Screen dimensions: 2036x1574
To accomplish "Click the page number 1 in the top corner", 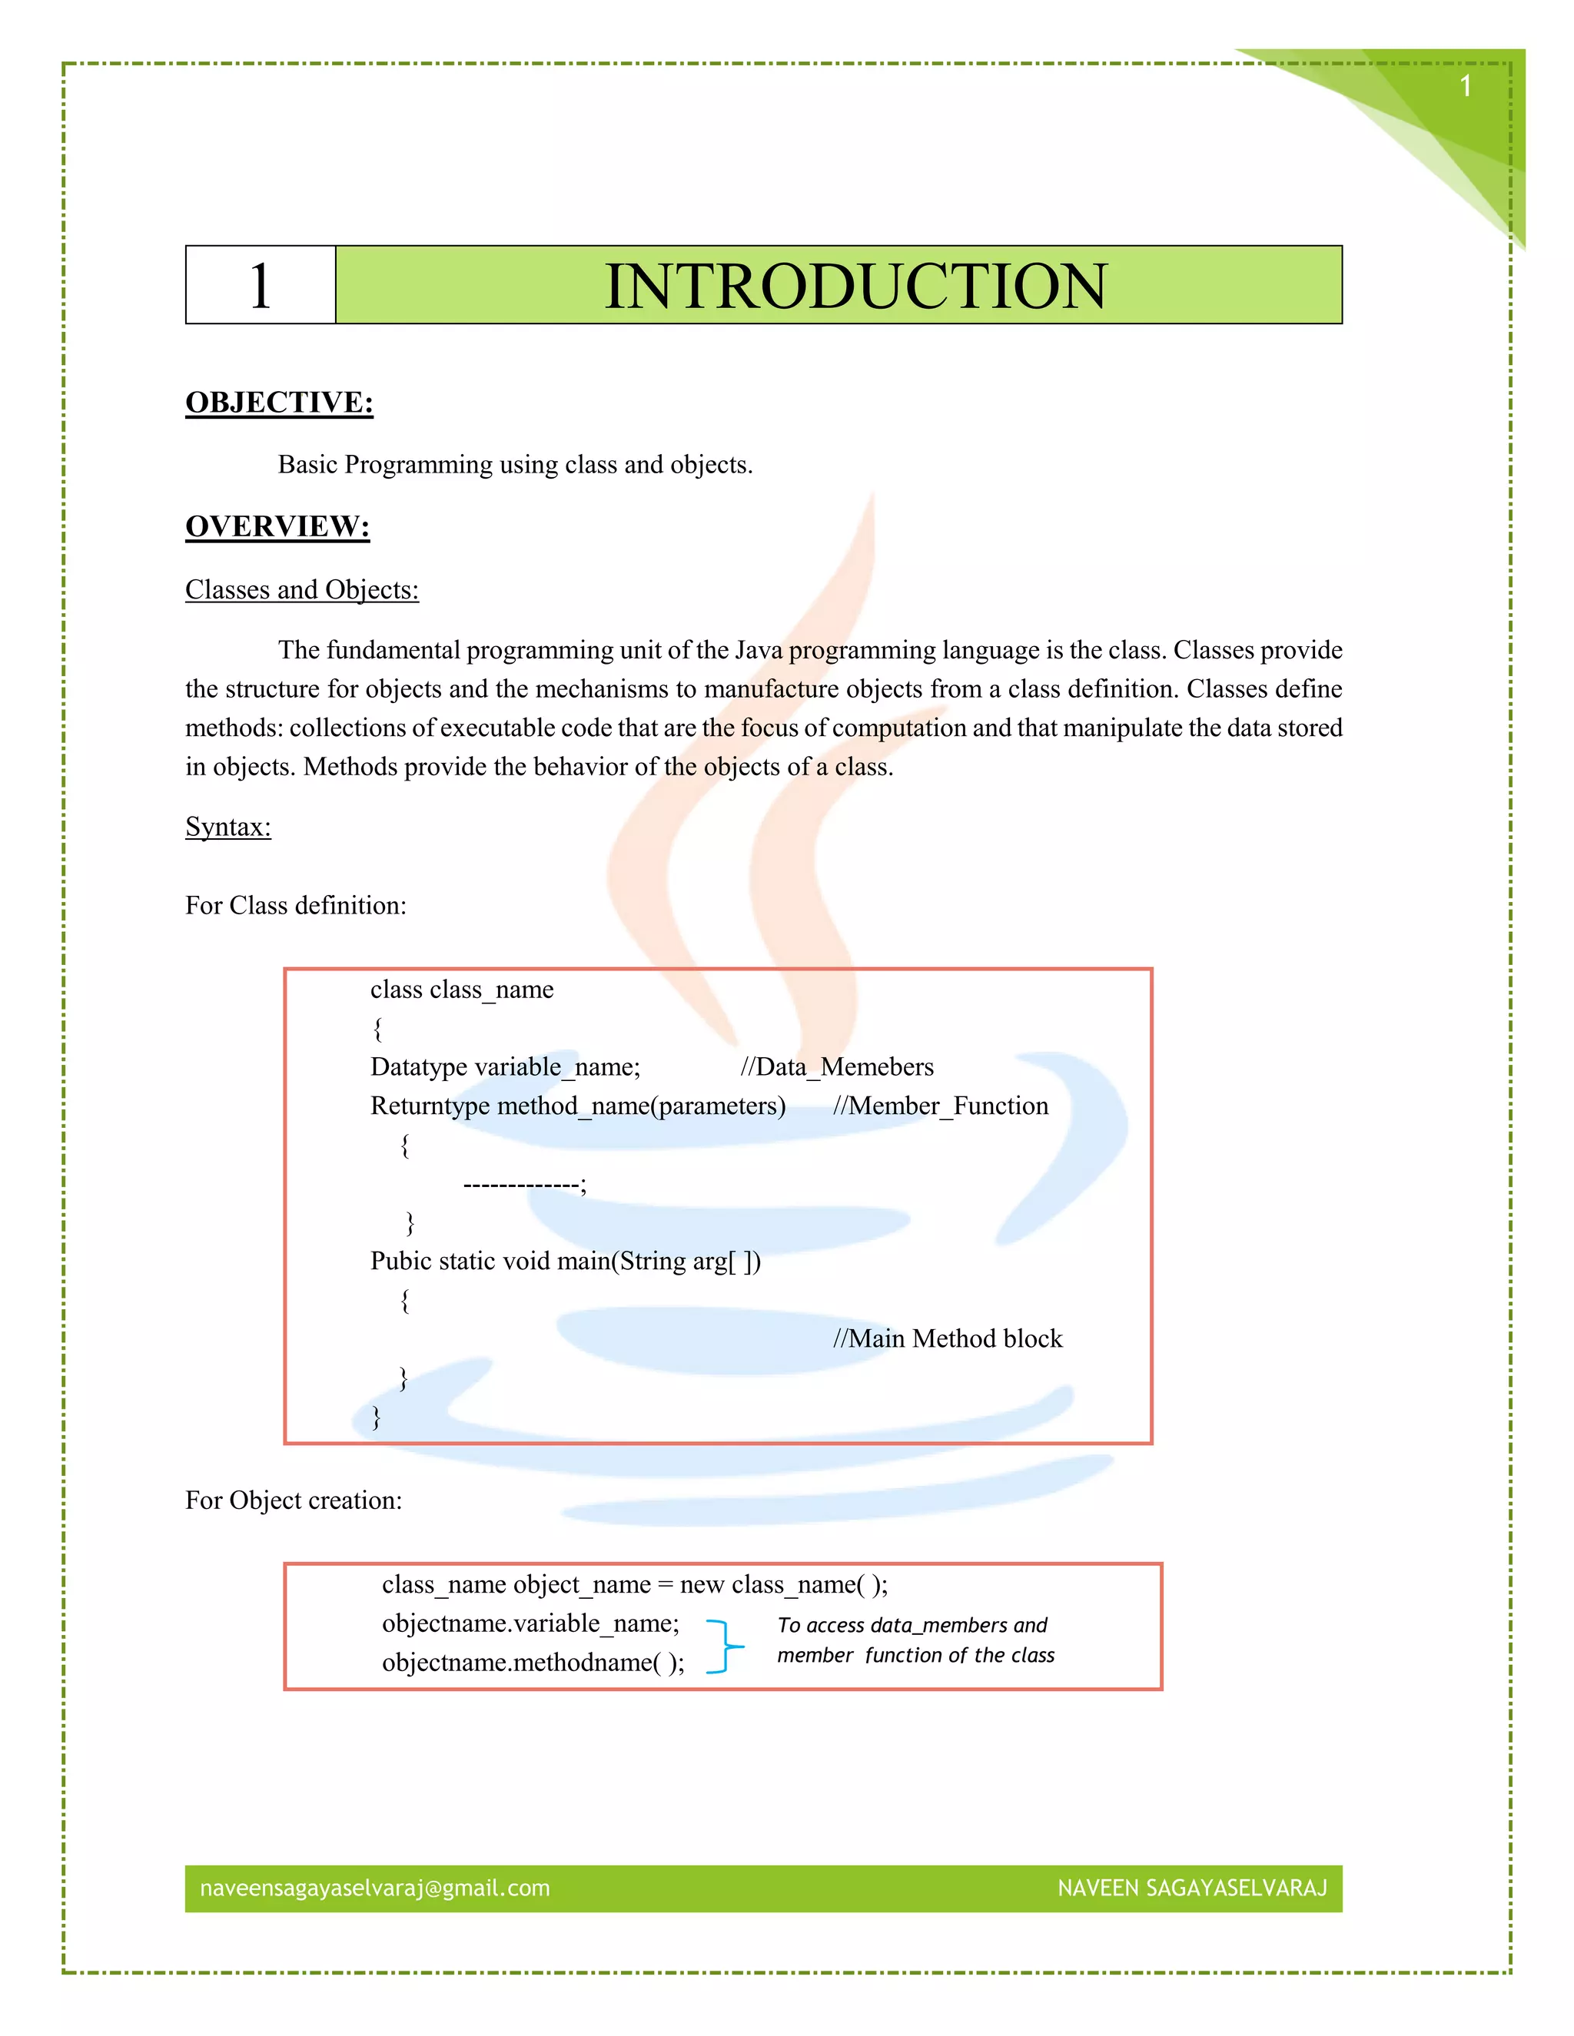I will pos(1465,87).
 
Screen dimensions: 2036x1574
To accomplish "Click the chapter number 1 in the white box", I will pos(261,287).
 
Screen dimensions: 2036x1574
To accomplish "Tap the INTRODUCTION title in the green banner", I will pos(855,287).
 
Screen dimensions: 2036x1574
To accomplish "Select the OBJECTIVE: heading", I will pos(279,403).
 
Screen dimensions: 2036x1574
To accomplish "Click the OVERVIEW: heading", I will pos(277,527).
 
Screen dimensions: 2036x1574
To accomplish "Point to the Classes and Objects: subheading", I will pos(301,590).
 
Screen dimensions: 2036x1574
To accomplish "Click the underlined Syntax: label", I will pos(227,827).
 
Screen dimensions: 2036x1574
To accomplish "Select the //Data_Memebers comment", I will pos(836,1067).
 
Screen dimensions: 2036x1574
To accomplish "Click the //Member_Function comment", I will pos(940,1106).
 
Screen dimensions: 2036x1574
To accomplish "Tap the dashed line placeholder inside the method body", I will pos(523,1185).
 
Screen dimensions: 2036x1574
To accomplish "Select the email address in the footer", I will pos(374,1888).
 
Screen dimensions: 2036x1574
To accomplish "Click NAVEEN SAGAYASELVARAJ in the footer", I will pos(1192,1888).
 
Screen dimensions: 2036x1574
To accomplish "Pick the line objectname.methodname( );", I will pos(533,1663).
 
